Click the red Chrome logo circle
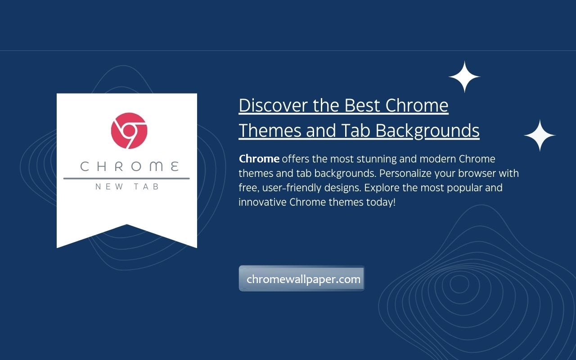129,130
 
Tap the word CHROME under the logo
130,166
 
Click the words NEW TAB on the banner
127,187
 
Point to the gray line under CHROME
126,178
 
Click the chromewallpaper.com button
301,279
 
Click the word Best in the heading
362,105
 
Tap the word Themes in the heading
270,130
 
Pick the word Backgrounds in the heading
427,131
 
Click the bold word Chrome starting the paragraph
259,159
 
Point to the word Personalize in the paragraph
405,173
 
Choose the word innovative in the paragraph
262,202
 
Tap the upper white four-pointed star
464,76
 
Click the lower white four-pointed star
540,135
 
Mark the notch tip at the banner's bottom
126,224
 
